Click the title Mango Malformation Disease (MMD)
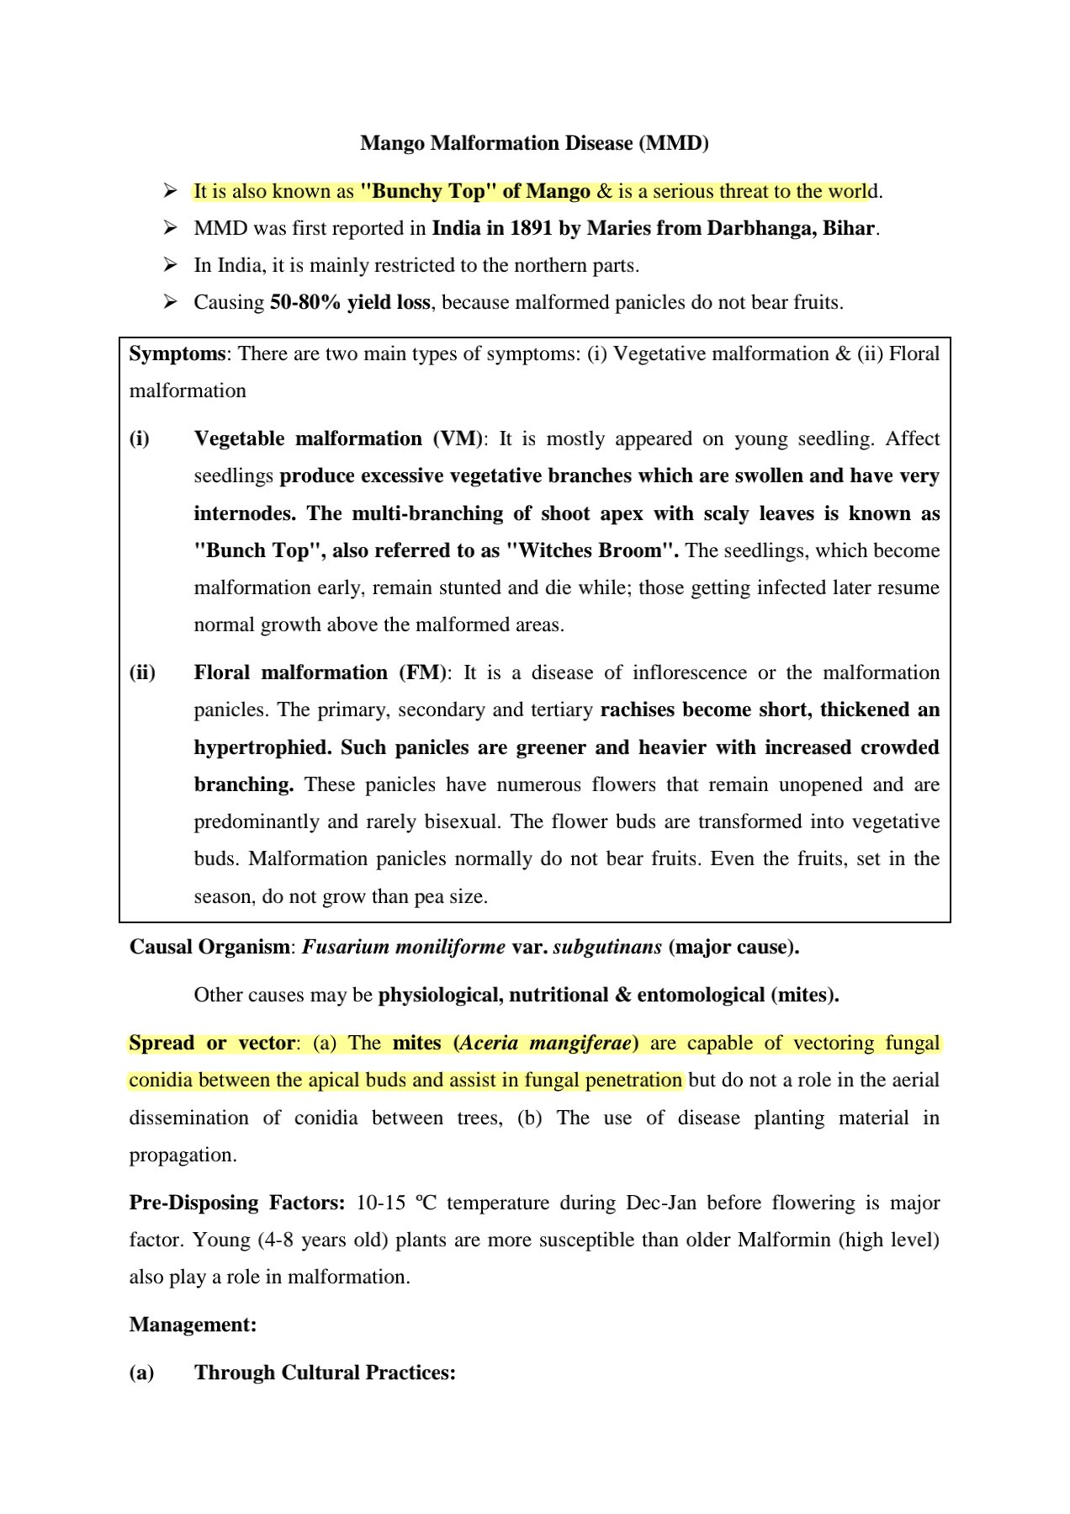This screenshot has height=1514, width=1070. pyautogui.click(x=534, y=143)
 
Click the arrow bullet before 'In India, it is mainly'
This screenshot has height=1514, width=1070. pyautogui.click(x=171, y=265)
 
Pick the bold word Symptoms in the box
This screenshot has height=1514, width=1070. pyautogui.click(x=177, y=353)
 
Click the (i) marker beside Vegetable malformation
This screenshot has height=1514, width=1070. pyautogui.click(x=140, y=438)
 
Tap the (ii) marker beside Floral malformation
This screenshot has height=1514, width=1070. pyautogui.click(x=142, y=672)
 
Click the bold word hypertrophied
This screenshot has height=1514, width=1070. pyautogui.click(x=261, y=747)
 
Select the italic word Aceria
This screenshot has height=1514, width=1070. pyautogui.click(x=490, y=1043)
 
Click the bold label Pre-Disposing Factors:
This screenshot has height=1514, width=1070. pyautogui.click(x=236, y=1203)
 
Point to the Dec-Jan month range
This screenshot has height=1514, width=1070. pyautogui.click(x=661, y=1203)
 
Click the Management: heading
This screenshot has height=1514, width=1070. pyautogui.click(x=193, y=1325)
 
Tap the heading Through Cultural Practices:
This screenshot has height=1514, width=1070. pyautogui.click(x=325, y=1373)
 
